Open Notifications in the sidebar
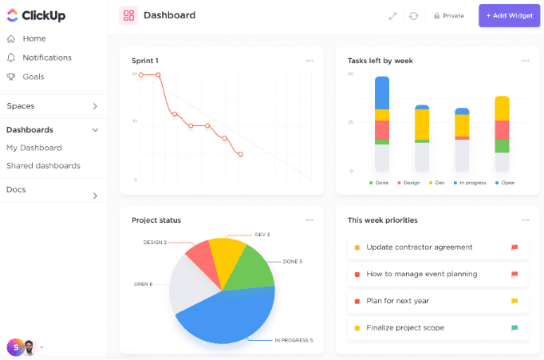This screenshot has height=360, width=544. click(46, 57)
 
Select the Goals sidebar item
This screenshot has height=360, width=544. click(33, 77)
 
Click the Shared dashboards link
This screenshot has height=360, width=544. click(43, 166)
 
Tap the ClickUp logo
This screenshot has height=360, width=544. click(36, 16)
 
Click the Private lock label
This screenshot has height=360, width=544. click(448, 16)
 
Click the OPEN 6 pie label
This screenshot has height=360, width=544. click(144, 284)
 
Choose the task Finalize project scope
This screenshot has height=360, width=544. click(404, 328)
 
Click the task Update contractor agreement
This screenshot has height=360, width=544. click(419, 247)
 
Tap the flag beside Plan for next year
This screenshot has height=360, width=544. click(514, 301)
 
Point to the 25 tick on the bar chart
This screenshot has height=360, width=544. click(351, 122)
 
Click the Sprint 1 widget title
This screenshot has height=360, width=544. click(145, 61)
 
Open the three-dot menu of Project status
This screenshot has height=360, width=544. click(309, 220)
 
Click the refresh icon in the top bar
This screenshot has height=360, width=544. click(413, 16)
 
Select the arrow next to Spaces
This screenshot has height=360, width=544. click(95, 106)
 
